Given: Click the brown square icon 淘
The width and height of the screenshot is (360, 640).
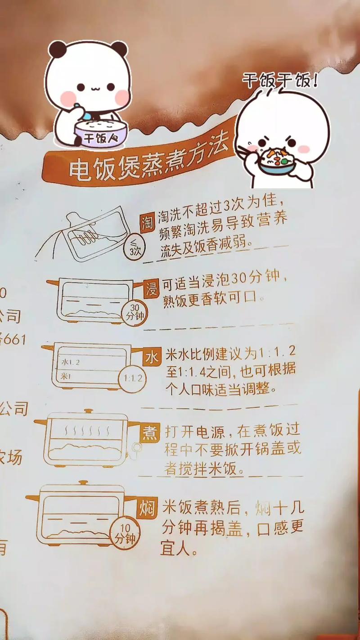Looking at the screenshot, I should point(147,222).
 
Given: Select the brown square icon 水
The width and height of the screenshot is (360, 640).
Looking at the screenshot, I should point(151,358).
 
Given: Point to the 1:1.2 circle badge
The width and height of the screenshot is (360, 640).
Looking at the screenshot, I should point(132,378).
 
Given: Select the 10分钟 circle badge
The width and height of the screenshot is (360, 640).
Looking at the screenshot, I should point(125,534).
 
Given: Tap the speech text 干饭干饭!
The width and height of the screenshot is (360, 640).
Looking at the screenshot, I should point(280,81).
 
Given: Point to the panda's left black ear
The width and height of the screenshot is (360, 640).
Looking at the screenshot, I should point(57,50).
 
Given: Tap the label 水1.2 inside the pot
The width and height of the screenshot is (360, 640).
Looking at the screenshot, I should point(70,362).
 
